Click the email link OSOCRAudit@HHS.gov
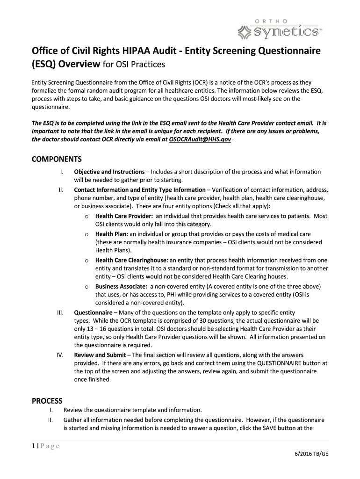coord(200,140)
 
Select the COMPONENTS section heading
coord(57,159)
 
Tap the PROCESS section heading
coord(47,401)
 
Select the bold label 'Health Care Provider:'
coord(124,216)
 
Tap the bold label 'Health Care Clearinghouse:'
coord(131,260)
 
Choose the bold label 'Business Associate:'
coord(121,286)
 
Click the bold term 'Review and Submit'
coord(100,356)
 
